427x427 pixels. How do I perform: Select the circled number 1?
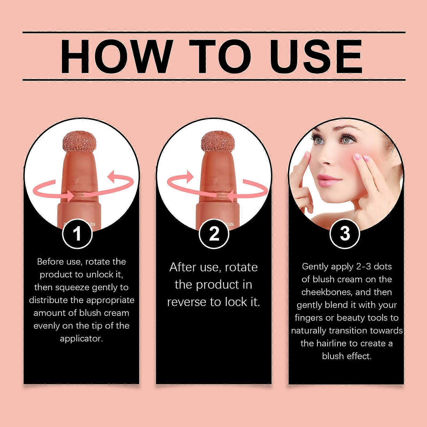(x=77, y=234)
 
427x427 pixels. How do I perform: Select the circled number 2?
(x=214, y=234)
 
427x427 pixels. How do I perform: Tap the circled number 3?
(x=345, y=233)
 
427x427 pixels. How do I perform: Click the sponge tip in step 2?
(x=213, y=143)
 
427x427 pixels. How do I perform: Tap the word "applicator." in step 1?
(x=81, y=339)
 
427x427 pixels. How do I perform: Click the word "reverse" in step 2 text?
(x=187, y=302)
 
